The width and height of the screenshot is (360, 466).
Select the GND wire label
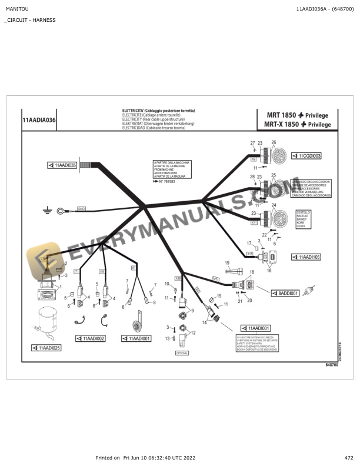(82, 208)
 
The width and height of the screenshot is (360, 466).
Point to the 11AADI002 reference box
(92, 338)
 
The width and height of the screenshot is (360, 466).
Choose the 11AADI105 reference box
(308, 257)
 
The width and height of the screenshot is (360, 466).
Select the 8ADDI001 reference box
(286, 292)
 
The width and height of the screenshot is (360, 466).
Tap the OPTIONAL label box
(182, 353)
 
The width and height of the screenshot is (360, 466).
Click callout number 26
(274, 143)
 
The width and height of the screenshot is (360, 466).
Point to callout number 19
(226, 262)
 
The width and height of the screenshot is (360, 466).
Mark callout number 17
(249, 242)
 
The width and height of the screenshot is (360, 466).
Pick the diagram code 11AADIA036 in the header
(39, 119)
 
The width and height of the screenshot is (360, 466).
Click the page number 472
(349, 458)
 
